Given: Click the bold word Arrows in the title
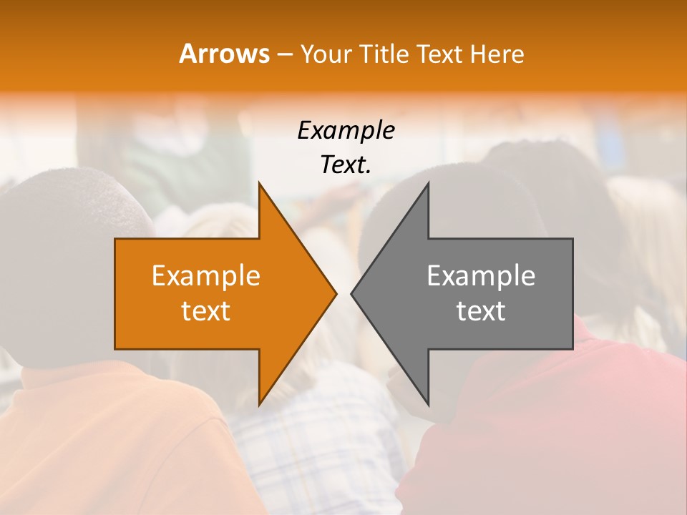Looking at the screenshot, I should coord(224,54).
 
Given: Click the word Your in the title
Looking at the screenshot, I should coord(324,54).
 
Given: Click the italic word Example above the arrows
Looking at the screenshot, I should coord(346,131).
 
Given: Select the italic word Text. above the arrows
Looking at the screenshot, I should coord(346,165).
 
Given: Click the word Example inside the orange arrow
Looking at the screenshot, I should coord(206,276).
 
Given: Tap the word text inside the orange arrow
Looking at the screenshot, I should coord(206,311).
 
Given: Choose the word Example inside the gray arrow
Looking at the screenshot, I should coord(481,276).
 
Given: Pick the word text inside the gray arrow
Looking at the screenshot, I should coord(481,311).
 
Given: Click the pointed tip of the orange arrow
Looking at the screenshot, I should coord(336,293).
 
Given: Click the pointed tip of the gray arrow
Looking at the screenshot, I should coord(351,293).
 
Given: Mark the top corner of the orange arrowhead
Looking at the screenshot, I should coord(259,184).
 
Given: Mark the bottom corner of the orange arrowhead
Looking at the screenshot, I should coord(259,405).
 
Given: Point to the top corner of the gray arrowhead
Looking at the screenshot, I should coord(428,184).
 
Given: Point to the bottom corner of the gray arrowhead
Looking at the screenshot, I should coord(428,405).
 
